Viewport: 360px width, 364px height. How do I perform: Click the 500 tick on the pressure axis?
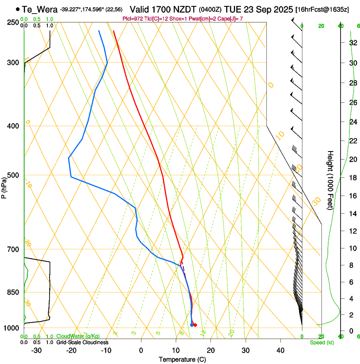(13, 175)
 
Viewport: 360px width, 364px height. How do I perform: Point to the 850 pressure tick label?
(13, 292)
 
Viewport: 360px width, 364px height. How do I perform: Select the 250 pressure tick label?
(13, 22)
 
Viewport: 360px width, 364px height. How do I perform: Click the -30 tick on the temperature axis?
(36, 350)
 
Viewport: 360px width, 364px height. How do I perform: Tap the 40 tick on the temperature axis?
(280, 350)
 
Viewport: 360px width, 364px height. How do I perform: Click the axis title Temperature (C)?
(182, 359)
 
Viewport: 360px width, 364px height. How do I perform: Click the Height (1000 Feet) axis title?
(330, 180)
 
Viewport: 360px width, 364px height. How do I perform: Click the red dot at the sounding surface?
(195, 325)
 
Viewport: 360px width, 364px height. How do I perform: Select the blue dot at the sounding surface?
(192, 325)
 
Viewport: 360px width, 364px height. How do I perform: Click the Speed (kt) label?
(321, 342)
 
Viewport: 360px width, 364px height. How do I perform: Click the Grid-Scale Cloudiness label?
(82, 342)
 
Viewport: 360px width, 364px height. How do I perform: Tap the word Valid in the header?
(140, 9)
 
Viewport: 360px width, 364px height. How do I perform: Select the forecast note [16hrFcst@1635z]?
(322, 9)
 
